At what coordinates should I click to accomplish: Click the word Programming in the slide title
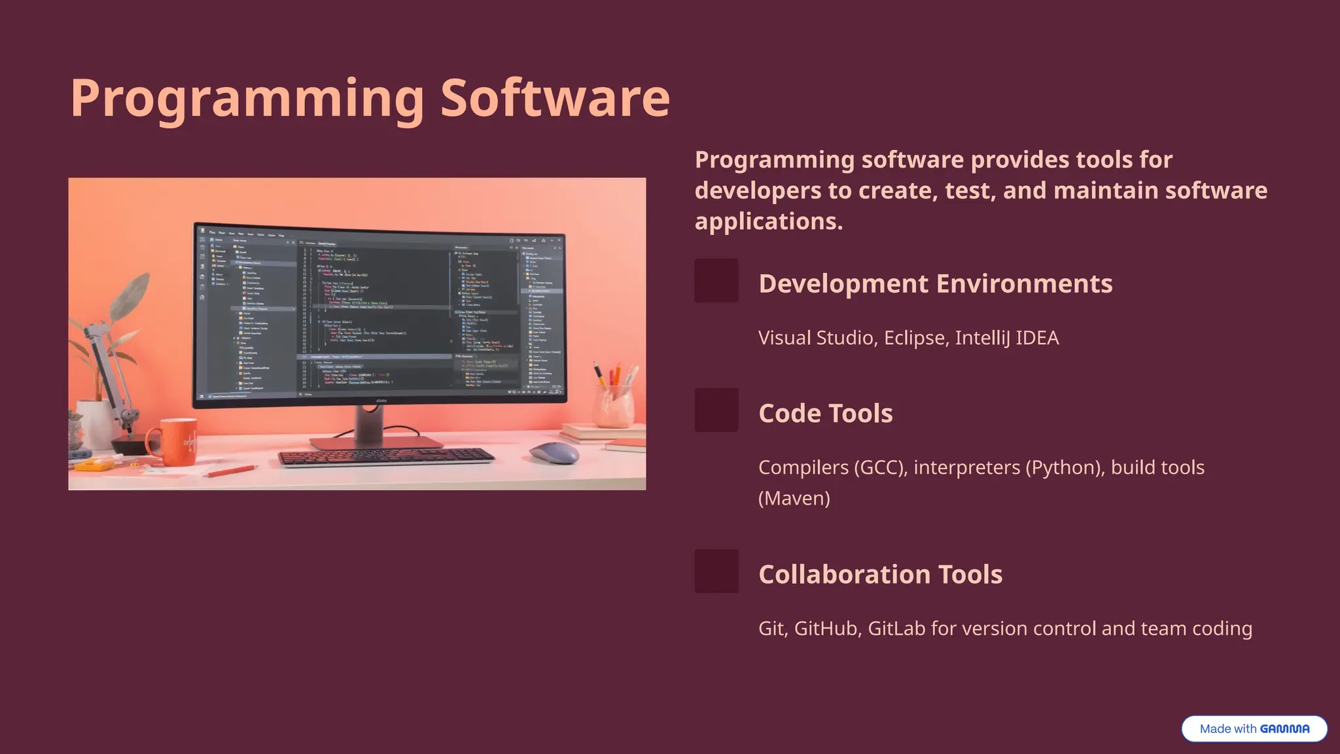(x=247, y=98)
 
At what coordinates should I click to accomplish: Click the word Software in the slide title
(x=555, y=98)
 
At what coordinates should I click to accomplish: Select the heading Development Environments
(x=935, y=283)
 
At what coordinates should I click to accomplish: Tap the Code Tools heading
(x=825, y=413)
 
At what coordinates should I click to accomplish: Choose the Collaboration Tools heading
(x=880, y=574)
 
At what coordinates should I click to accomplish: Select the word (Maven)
(x=794, y=498)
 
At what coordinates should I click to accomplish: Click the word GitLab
(x=896, y=628)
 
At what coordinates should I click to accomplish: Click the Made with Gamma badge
(x=1254, y=728)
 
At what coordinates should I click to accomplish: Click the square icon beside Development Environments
(x=716, y=281)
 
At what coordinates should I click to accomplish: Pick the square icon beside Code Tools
(x=716, y=410)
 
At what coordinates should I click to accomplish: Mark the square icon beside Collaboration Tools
(x=716, y=571)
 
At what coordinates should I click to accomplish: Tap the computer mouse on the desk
(x=554, y=452)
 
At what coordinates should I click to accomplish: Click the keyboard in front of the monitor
(x=386, y=456)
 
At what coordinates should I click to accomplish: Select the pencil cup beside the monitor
(x=614, y=406)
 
